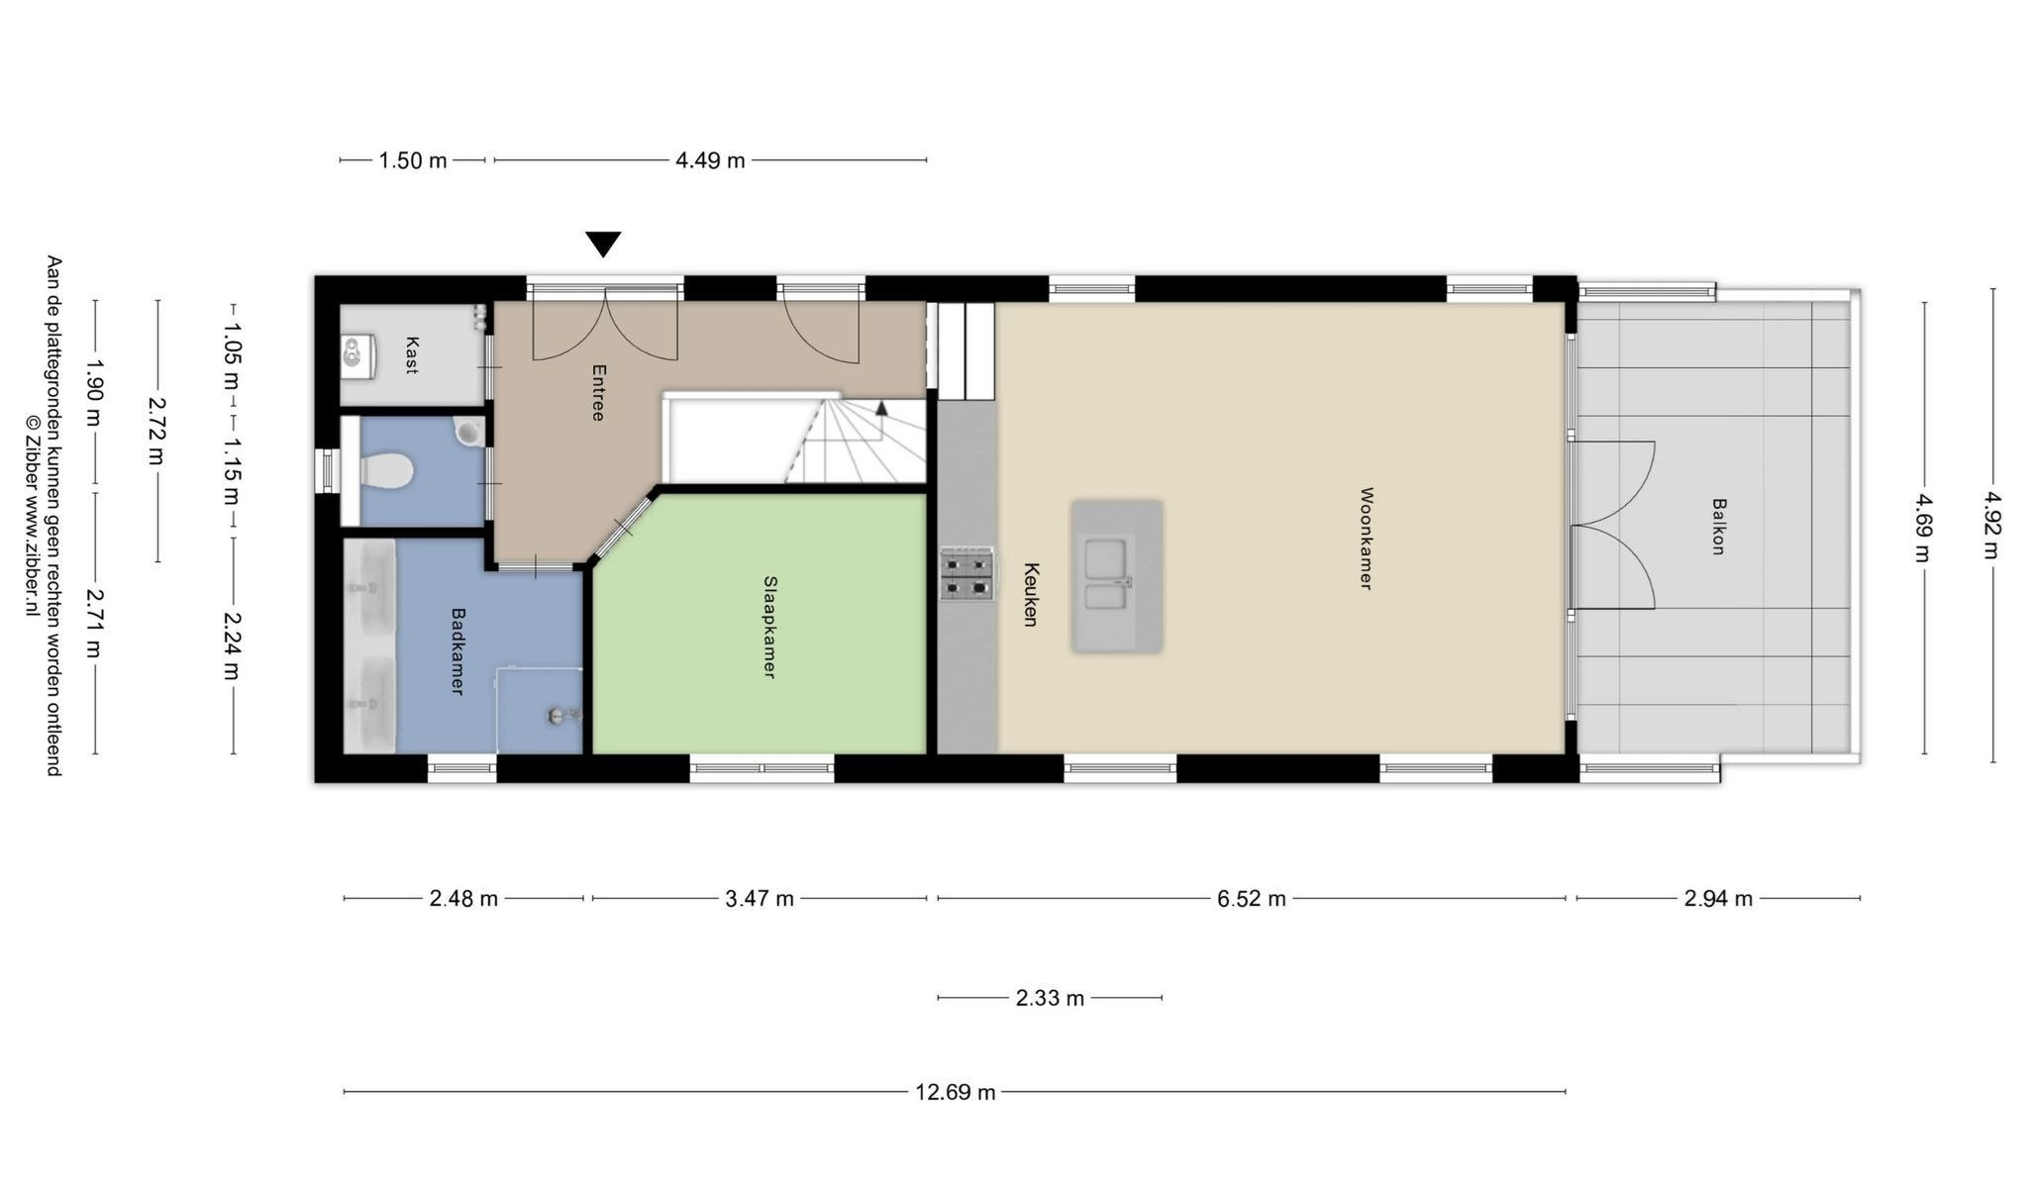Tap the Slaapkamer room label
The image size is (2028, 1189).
[x=768, y=627]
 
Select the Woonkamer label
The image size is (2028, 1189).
[x=1366, y=538]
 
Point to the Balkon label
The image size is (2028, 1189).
[x=1718, y=526]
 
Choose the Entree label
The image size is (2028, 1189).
[x=597, y=392]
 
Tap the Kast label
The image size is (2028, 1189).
[x=411, y=355]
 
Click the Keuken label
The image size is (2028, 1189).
[x=1031, y=594]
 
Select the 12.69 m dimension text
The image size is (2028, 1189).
[x=956, y=1092]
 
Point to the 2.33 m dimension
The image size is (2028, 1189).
[x=1050, y=998]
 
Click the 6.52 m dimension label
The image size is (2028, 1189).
[x=1252, y=899]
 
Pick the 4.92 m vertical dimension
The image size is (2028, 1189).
[x=1993, y=526]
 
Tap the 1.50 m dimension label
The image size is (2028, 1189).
[x=413, y=160]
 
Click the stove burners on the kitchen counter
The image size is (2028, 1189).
[x=966, y=575]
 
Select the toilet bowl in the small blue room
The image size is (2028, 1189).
[x=385, y=470]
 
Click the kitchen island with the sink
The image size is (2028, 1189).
[x=1117, y=576]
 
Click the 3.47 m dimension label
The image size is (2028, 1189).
[x=760, y=899]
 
